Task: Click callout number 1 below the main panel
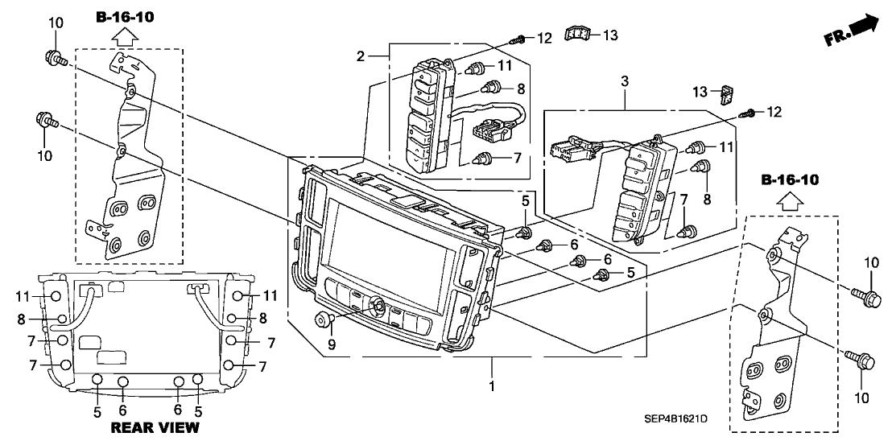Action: [x=490, y=387]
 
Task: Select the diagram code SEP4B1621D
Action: [x=676, y=418]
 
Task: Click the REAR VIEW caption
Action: [x=154, y=426]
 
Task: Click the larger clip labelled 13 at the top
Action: [x=577, y=33]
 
